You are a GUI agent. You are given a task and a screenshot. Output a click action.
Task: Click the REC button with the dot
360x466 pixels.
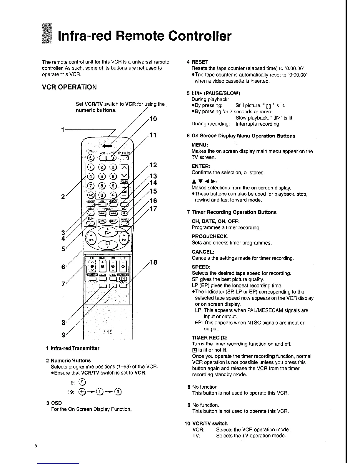(124, 213)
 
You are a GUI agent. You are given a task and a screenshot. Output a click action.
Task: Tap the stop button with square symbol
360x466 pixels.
(107, 244)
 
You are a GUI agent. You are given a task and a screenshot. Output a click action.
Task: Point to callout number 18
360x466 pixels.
(154, 262)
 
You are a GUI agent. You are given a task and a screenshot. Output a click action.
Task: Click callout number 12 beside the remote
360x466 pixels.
(154, 165)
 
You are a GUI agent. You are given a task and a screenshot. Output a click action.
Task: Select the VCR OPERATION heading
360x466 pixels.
(69, 87)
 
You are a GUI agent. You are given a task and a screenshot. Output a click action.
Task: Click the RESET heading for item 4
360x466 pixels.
(200, 62)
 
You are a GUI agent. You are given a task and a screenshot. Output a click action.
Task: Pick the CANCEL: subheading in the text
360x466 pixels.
(203, 252)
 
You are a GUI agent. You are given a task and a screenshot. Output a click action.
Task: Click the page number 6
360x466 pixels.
(35, 445)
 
